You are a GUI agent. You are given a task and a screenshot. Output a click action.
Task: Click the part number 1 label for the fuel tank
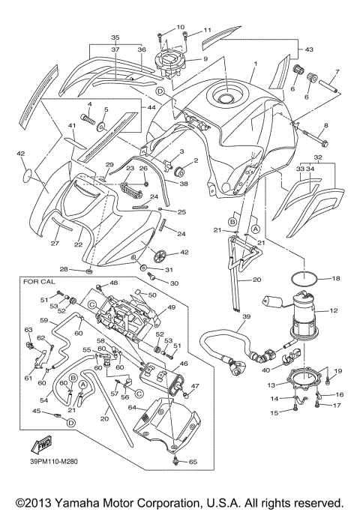(255, 64)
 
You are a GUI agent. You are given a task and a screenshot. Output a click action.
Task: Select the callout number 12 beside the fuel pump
(334, 309)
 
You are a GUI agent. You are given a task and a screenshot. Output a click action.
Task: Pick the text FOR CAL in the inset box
(39, 283)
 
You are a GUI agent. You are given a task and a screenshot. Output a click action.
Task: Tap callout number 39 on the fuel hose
(245, 317)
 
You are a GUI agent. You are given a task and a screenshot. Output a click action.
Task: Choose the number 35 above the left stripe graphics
(115, 37)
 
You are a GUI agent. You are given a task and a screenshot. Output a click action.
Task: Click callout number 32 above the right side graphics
(318, 158)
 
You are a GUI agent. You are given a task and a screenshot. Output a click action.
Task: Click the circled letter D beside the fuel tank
(160, 91)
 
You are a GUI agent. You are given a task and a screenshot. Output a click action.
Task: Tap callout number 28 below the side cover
(84, 269)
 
